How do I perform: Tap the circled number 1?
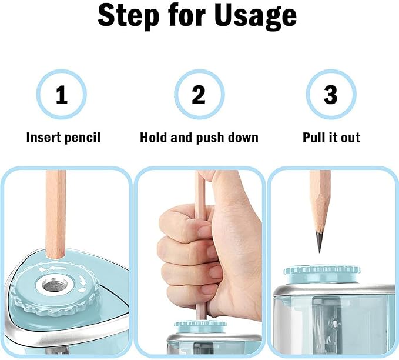click(x=62, y=95)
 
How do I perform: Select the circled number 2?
click(x=199, y=95)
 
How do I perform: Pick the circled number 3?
click(x=331, y=95)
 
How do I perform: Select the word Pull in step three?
click(x=316, y=138)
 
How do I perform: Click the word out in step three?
click(x=350, y=138)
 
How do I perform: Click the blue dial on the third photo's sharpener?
click(x=322, y=271)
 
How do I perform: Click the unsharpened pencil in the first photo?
click(x=56, y=218)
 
